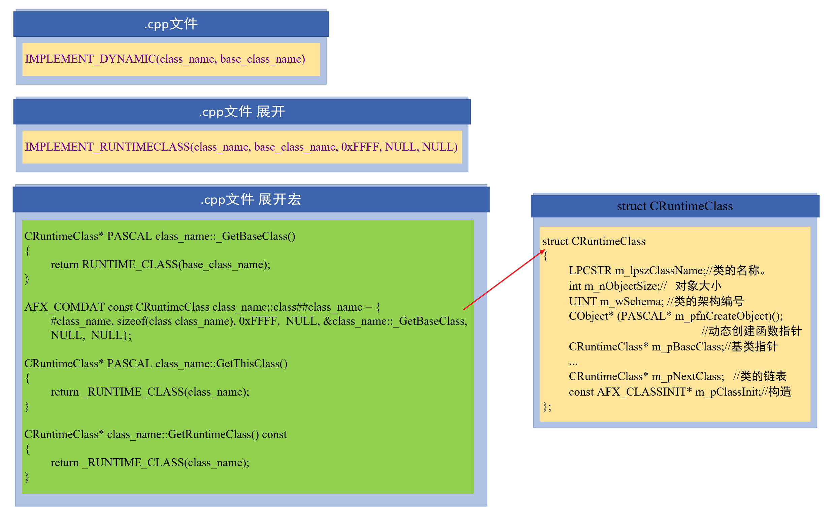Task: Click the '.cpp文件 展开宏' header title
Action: coord(251,199)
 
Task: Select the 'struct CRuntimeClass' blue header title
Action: coord(674,206)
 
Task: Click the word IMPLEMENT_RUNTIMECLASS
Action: coord(107,147)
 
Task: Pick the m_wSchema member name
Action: coord(631,301)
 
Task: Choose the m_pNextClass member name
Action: coord(687,376)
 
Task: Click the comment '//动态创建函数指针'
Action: coord(751,331)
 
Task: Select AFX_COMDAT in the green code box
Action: coord(64,307)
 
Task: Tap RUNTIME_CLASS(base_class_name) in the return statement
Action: coord(176,265)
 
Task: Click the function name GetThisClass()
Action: coord(252,364)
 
